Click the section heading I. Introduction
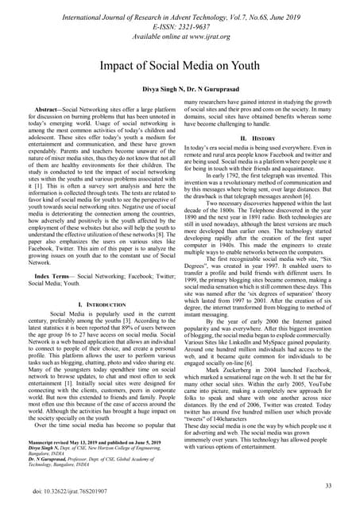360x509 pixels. tap(91, 305)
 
